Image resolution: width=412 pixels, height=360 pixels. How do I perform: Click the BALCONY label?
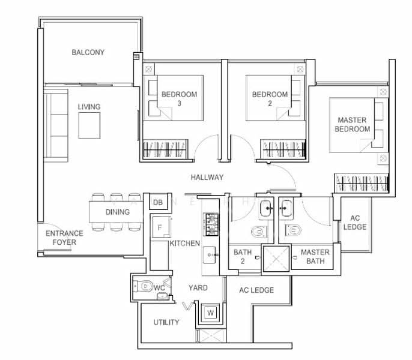(x=88, y=52)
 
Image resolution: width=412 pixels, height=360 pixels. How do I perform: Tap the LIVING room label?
(x=89, y=107)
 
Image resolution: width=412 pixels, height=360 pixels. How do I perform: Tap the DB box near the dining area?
(x=158, y=203)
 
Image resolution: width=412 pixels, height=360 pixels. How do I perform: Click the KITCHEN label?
(x=184, y=244)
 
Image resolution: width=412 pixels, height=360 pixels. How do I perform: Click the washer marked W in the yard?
(x=210, y=313)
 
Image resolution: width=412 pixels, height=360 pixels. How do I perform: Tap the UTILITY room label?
(x=166, y=322)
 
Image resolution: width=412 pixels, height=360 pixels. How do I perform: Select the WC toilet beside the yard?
(x=144, y=287)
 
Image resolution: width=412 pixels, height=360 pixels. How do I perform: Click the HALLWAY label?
(x=207, y=177)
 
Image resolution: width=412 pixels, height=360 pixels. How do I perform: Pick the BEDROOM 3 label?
(x=179, y=98)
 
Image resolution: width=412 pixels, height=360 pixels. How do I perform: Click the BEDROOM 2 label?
(x=270, y=98)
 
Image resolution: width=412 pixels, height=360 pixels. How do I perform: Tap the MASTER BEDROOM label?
(x=352, y=124)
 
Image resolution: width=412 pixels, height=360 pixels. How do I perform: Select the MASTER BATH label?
(x=315, y=257)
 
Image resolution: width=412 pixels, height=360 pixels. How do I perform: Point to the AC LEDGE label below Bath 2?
(x=256, y=290)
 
